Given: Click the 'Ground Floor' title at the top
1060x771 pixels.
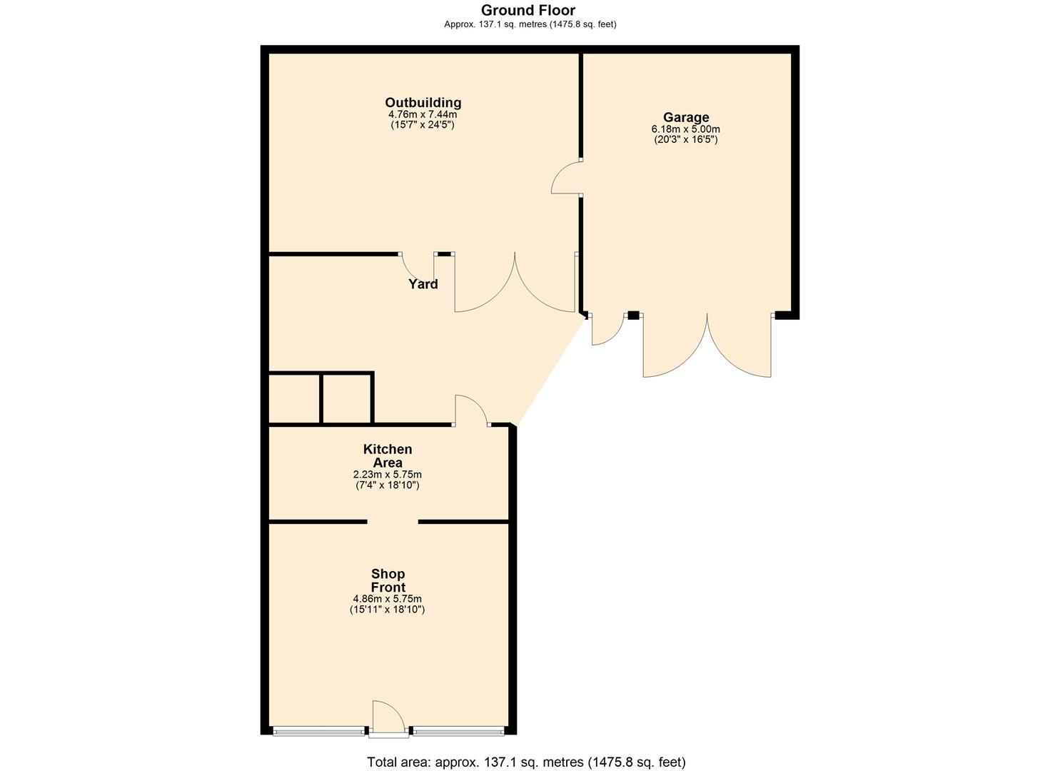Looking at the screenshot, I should (x=528, y=10).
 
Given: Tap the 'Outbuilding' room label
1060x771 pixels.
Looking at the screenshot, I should (x=423, y=102).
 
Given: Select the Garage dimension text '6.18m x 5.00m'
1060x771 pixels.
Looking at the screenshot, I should (x=685, y=129).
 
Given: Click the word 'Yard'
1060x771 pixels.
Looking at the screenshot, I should (x=423, y=283).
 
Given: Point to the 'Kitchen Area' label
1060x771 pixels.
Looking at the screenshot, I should (x=387, y=455).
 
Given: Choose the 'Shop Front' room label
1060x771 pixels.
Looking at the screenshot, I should (x=388, y=580).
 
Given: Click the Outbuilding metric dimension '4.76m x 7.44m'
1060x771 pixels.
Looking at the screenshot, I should (x=423, y=114).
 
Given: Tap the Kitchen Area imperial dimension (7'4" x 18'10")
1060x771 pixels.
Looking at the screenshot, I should (x=387, y=485).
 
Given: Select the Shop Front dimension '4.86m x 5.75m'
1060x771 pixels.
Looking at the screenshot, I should (x=387, y=599).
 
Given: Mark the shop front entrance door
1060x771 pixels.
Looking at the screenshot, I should (x=388, y=717).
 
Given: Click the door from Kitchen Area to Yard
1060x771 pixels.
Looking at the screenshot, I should (x=470, y=411).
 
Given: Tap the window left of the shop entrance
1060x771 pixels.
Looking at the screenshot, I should (x=319, y=731).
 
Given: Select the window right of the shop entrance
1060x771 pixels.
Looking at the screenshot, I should (x=458, y=731).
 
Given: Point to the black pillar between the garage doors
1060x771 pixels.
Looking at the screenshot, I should (x=633, y=315).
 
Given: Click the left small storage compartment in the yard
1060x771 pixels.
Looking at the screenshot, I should (x=294, y=398).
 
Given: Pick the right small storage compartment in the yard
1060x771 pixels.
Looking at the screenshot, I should (x=347, y=398).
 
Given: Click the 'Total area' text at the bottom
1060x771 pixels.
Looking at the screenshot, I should (x=526, y=762).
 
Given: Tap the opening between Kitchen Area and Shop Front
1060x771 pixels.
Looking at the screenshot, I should (x=393, y=522).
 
